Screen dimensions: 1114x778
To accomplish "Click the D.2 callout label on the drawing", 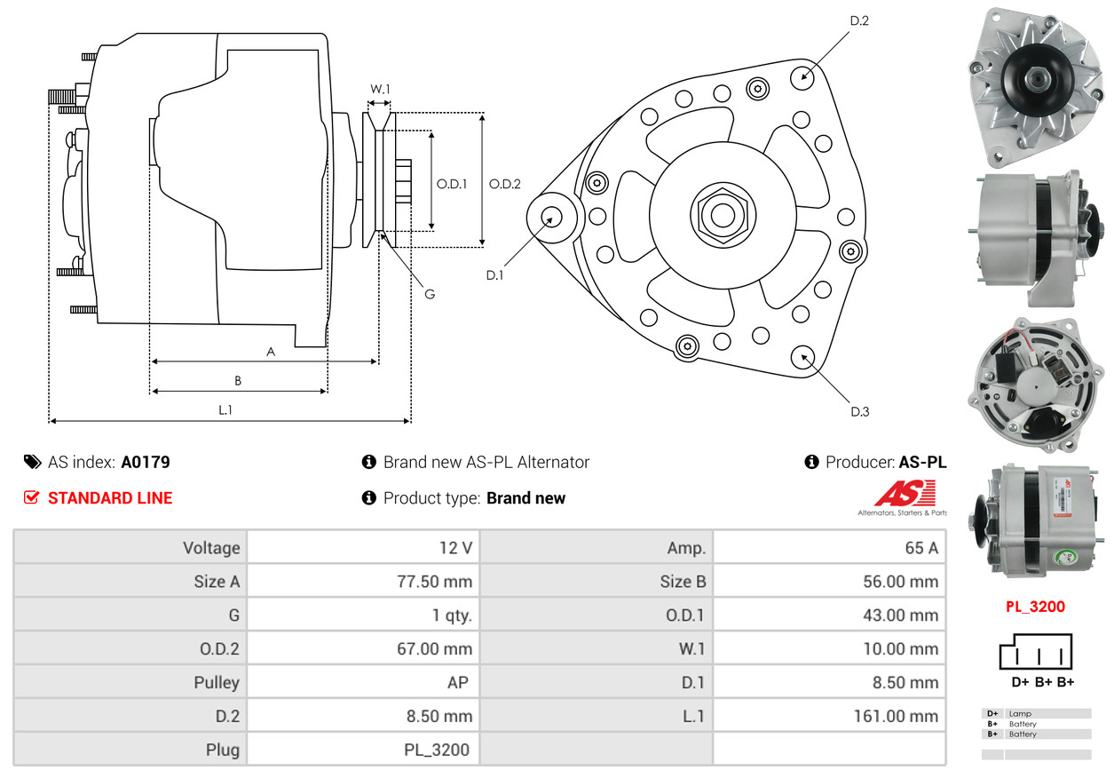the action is pos(859,20).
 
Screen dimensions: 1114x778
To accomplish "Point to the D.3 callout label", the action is pos(859,411).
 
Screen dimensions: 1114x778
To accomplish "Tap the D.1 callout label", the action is pos(494,275).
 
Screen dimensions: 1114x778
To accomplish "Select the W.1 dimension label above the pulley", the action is pos(380,89).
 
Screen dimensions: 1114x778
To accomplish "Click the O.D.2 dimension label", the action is pos(504,184).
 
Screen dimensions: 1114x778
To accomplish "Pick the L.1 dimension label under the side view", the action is pos(225,410).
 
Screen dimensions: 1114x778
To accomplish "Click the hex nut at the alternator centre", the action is pos(723,216).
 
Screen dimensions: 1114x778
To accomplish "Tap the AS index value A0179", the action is pos(146,462).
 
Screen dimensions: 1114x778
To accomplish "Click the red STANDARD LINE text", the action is pos(110,498).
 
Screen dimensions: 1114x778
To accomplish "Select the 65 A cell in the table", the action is pos(921,548).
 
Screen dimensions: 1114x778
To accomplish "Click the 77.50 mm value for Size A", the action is pos(434,582).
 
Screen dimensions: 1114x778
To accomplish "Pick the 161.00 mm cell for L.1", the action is pos(896,716).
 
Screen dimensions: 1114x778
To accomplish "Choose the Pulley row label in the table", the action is pos(217,682).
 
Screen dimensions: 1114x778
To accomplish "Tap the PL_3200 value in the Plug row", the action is pos(436,750).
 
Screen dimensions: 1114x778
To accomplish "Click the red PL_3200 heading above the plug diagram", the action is pos(1035,607).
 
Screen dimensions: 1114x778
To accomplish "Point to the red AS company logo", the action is pos(905,493).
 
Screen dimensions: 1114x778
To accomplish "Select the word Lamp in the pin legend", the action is pos(1020,714).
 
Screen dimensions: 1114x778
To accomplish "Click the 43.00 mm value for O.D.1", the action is pos(900,615).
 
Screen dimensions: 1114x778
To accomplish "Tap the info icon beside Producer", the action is pos(811,462).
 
